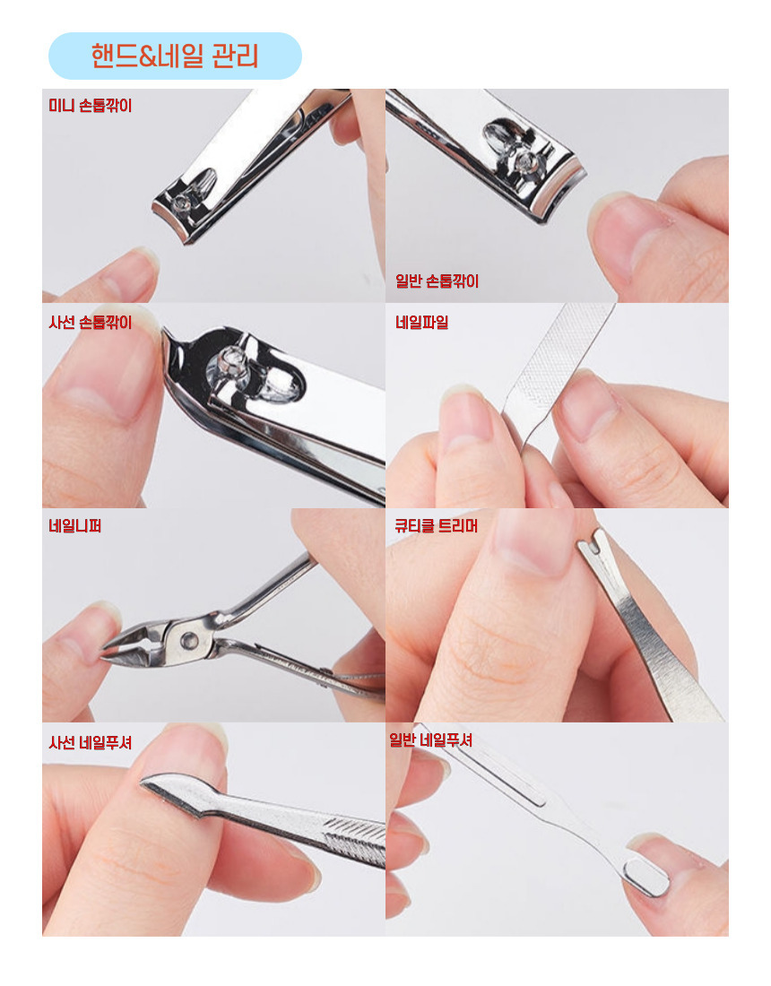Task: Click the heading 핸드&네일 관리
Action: click(175, 56)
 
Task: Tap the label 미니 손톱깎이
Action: click(91, 105)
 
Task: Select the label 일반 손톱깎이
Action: click(437, 281)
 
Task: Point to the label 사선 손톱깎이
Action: click(91, 322)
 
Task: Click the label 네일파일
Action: click(422, 322)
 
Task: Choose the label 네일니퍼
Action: click(74, 525)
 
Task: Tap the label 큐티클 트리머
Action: click(437, 525)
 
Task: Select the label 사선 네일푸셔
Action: click(91, 742)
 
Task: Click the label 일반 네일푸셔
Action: click(431, 739)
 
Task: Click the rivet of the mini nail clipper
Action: click(182, 203)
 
